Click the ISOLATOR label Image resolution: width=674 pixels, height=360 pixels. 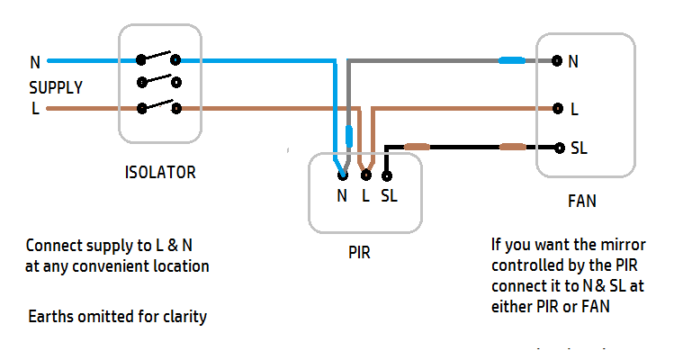tap(160, 172)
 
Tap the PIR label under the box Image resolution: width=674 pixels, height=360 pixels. tap(357, 254)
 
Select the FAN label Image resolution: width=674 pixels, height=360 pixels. tap(581, 202)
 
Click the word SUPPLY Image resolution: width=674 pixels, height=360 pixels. tap(56, 88)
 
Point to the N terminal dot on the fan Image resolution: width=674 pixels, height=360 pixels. tap(557, 61)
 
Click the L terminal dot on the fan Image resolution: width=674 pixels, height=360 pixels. tap(557, 109)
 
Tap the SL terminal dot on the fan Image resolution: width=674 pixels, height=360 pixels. tap(557, 147)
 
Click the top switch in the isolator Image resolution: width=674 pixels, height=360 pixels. tap(158, 59)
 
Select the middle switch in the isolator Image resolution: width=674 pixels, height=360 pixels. tap(158, 83)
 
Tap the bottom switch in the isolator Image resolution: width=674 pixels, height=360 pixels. tap(158, 107)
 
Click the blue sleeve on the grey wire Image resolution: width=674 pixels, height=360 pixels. tap(512, 61)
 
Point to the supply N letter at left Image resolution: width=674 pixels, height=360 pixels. tap(35, 63)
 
